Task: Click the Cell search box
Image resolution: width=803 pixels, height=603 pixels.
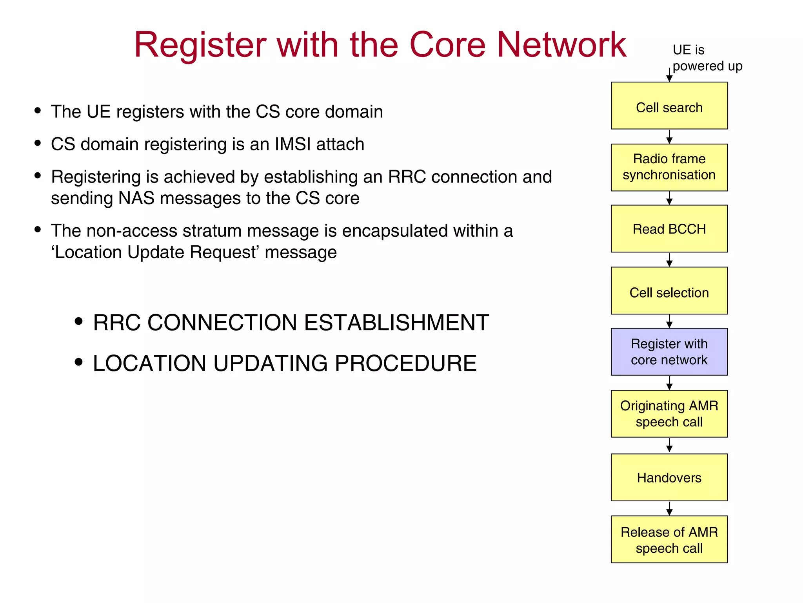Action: (x=669, y=106)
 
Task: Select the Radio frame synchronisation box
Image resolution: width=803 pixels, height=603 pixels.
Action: (x=669, y=167)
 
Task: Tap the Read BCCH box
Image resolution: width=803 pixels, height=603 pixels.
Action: (x=669, y=228)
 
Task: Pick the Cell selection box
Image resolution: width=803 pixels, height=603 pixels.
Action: (x=669, y=291)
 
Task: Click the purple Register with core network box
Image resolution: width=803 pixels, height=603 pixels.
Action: (x=669, y=352)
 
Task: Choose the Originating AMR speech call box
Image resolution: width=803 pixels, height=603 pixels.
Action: (x=669, y=413)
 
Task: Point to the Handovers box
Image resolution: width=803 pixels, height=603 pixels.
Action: (x=669, y=477)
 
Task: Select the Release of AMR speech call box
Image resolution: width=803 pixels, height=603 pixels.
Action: (x=669, y=539)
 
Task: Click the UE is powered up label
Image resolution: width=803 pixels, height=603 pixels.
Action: (x=702, y=58)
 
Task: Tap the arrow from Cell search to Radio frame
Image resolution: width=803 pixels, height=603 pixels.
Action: (x=669, y=137)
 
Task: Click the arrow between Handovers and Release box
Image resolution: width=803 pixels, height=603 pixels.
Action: (x=669, y=508)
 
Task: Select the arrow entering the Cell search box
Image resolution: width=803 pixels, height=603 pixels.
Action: (x=669, y=75)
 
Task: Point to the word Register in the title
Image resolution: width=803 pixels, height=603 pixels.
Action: (x=200, y=46)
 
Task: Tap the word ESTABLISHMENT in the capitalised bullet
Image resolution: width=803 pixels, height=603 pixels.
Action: (x=396, y=323)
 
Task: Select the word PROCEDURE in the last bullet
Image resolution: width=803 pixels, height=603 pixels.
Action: (x=405, y=363)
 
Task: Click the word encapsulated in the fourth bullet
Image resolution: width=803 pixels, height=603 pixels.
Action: (x=394, y=231)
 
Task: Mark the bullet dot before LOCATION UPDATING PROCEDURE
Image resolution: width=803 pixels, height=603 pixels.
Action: (x=79, y=362)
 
